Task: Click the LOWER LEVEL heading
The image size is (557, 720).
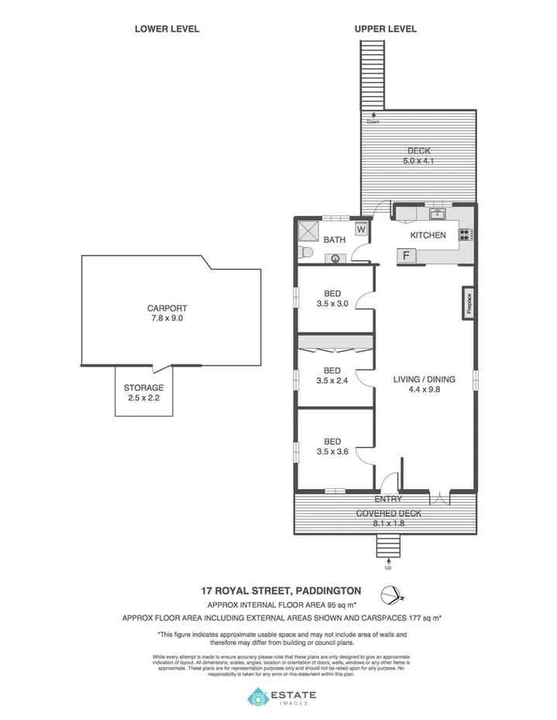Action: (167, 29)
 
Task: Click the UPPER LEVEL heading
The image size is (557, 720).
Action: (385, 29)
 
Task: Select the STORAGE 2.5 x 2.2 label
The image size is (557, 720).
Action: (143, 392)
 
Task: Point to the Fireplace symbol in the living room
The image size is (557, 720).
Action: (469, 302)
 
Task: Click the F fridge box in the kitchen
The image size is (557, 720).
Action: (405, 255)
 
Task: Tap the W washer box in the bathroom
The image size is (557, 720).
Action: (361, 229)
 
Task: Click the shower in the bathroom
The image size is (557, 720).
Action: (309, 231)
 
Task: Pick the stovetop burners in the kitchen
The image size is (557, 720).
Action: (466, 235)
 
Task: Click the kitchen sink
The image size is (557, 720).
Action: (438, 214)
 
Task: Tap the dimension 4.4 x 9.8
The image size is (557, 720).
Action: (424, 390)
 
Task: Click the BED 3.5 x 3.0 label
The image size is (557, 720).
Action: (332, 298)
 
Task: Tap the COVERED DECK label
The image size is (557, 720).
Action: (388, 514)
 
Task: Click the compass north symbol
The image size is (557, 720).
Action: (390, 596)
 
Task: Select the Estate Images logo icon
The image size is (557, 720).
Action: (257, 698)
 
